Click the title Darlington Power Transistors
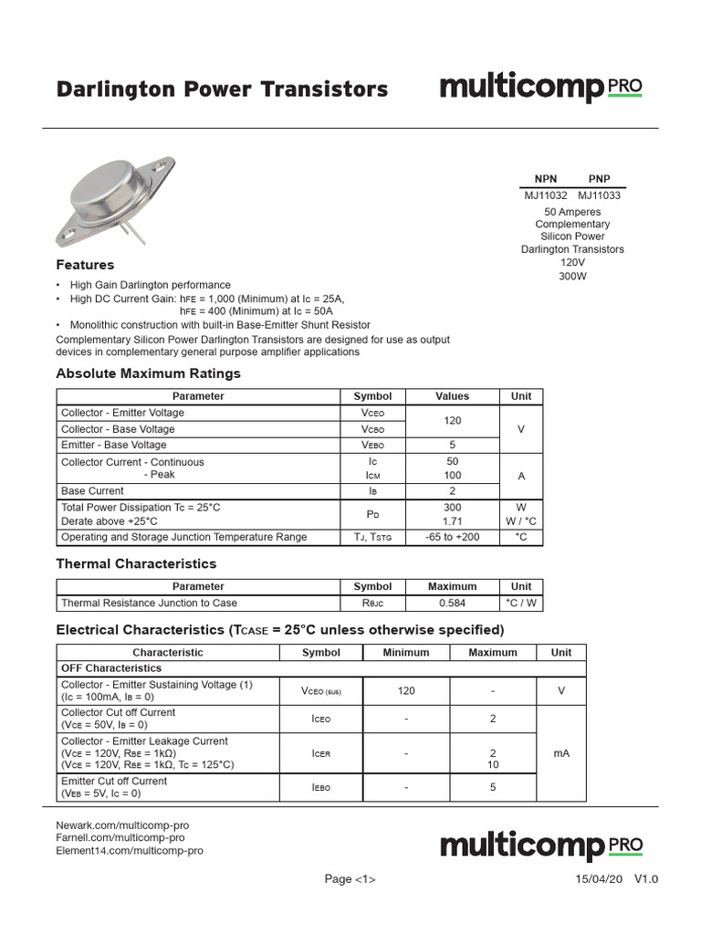click(222, 89)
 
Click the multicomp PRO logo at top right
click(540, 89)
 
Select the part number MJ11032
click(546, 195)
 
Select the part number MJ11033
click(600, 195)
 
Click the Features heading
click(85, 265)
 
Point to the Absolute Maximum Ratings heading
click(148, 373)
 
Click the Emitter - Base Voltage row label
click(113, 445)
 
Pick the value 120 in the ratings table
click(453, 421)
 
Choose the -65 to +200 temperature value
click(453, 537)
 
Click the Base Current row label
click(92, 491)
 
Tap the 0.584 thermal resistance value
click(453, 603)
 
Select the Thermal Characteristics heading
click(136, 563)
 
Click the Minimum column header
click(406, 653)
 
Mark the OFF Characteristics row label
click(110, 668)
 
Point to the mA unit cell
click(561, 754)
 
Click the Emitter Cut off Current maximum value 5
click(493, 787)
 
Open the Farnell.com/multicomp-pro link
click(120, 837)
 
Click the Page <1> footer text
click(350, 879)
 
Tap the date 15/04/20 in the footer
click(598, 879)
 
